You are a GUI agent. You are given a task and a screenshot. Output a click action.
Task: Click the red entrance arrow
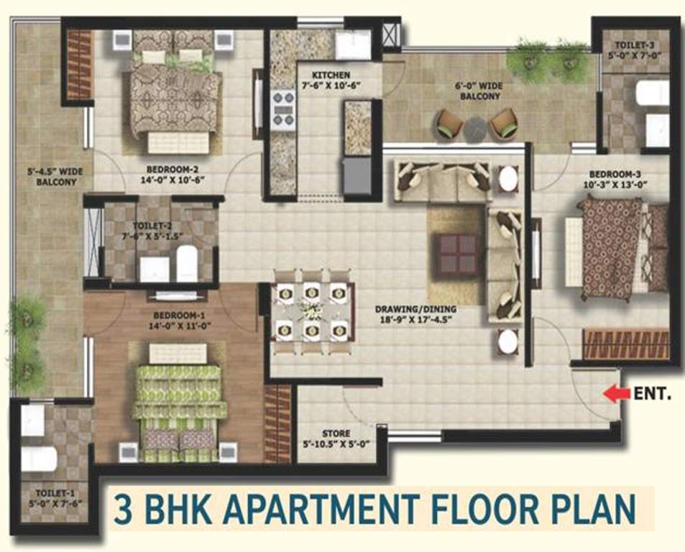point(612,393)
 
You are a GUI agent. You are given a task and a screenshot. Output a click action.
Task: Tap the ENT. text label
point(652,393)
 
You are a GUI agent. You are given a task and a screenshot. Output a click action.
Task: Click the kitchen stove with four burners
point(282,109)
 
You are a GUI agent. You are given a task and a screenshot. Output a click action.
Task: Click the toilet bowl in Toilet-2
point(186,261)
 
